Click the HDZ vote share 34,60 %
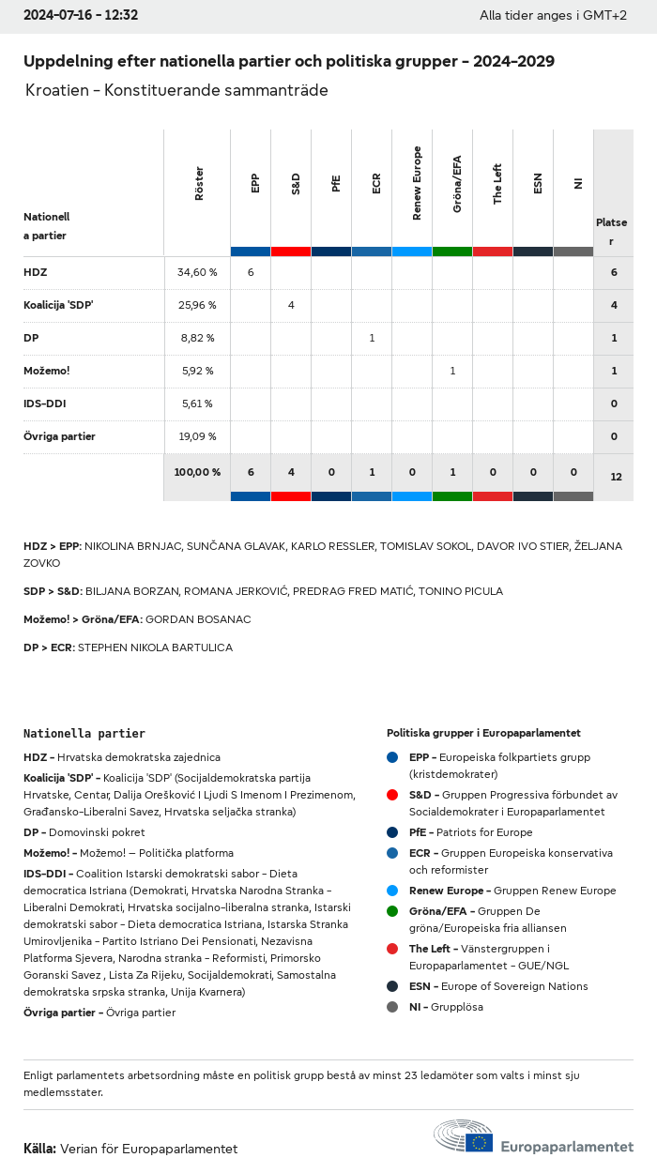point(197,272)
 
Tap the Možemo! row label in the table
point(47,371)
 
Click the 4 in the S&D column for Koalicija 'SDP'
point(291,305)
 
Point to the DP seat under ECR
point(372,338)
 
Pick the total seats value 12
point(616,477)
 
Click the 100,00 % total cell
point(197,472)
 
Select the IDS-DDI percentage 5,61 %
point(197,404)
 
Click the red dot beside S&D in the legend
point(392,795)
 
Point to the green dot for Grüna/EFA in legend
point(392,911)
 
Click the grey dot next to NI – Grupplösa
point(392,1007)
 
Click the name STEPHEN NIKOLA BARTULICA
point(155,647)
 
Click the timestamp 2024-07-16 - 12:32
point(81,15)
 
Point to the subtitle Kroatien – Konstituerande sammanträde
point(176,91)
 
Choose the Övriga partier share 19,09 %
point(197,436)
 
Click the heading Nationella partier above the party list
point(84,733)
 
